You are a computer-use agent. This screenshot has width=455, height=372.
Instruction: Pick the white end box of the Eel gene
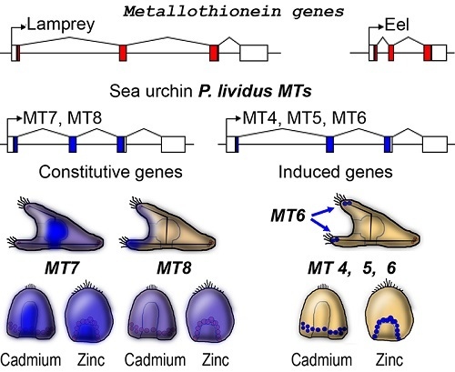coord(440,53)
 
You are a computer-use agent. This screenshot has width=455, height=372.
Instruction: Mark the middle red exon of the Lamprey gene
coord(122,53)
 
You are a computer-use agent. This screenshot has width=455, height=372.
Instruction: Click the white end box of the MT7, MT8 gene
coord(172,144)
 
